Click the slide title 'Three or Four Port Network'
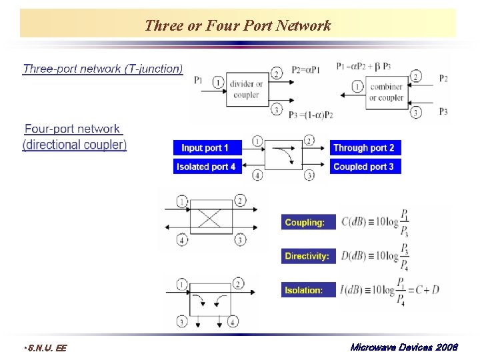pos(237,26)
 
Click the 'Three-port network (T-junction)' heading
pos(103,69)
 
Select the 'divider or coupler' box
pos(246,90)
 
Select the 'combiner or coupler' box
pos(385,92)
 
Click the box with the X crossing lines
pos(211,219)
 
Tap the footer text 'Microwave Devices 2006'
pos(403,347)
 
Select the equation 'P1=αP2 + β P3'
pos(364,66)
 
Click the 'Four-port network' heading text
pos(72,129)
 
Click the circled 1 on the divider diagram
pos(218,82)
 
